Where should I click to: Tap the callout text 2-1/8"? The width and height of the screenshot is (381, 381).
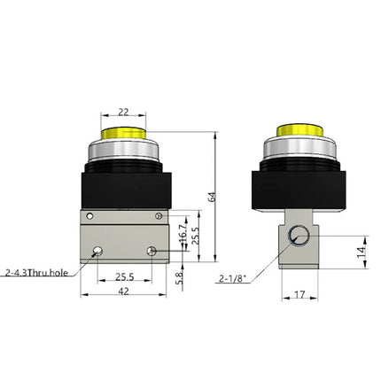(233, 279)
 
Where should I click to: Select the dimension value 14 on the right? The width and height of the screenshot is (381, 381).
(360, 251)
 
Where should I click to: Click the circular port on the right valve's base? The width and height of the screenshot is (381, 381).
(299, 237)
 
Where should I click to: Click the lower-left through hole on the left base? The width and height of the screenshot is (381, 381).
(96, 253)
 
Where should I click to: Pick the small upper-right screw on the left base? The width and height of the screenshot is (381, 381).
(159, 216)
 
